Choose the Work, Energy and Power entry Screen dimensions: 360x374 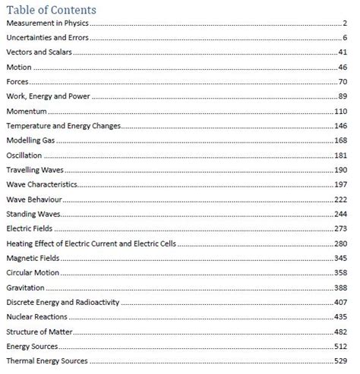(x=44, y=96)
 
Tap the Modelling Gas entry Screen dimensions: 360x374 (x=31, y=140)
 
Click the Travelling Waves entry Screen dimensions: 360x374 (x=35, y=169)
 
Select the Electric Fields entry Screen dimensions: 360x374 (x=30, y=228)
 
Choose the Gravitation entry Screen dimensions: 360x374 (x=25, y=287)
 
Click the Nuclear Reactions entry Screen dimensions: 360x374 (x=36, y=316)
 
